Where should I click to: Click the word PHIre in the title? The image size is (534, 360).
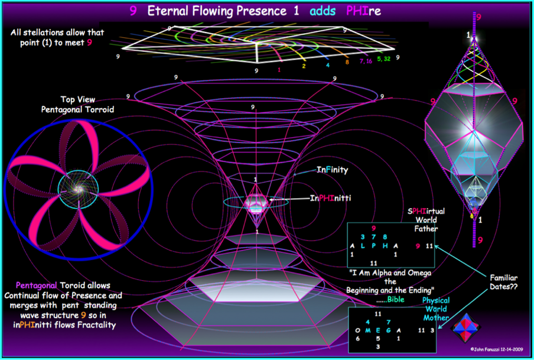pos(363,11)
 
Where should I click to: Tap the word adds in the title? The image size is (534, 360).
pos(323,11)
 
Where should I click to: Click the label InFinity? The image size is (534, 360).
pos(332,170)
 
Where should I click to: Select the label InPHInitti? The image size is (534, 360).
pos(330,198)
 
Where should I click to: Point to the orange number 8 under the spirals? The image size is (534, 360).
pos(347,62)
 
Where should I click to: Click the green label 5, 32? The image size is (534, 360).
pos(383,59)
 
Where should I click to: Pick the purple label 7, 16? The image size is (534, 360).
pos(366,61)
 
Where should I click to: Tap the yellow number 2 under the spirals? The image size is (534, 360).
pos(304,66)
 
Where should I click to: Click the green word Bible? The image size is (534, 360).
pos(396,299)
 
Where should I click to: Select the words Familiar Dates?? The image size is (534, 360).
pos(503,283)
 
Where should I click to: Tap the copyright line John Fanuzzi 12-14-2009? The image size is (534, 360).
pos(497,349)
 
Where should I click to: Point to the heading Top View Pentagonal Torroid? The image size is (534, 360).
pos(77,104)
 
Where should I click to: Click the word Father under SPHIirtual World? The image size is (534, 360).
pos(426,228)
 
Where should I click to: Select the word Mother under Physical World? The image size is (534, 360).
pos(436,317)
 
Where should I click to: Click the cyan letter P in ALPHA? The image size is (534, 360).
pos(373,246)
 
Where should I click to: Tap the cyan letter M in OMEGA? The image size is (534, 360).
pos(368,330)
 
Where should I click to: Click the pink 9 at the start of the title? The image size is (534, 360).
pos(133,11)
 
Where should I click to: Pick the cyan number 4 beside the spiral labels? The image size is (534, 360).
pos(328,65)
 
